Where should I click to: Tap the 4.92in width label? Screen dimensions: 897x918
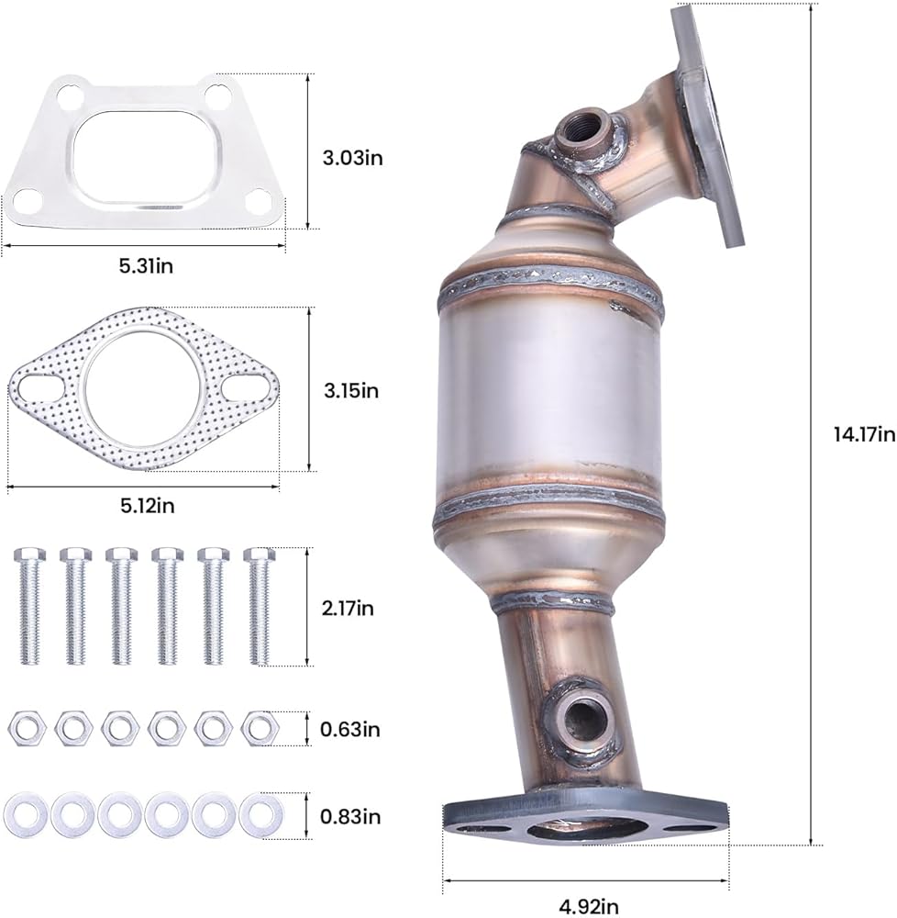pos(589,907)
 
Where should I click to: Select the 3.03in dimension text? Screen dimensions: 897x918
pos(352,158)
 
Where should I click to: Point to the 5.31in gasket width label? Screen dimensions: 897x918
pos(146,266)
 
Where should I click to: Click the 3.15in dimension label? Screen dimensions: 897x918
pos(351,390)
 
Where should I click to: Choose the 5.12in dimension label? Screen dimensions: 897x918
pos(148,505)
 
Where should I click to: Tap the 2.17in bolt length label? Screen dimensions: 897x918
pos(348,609)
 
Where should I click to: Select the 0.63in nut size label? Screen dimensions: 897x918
pos(349,730)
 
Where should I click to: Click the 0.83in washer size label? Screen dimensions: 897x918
pos(350,816)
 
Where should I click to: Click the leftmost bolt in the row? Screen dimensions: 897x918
pos(28,606)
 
